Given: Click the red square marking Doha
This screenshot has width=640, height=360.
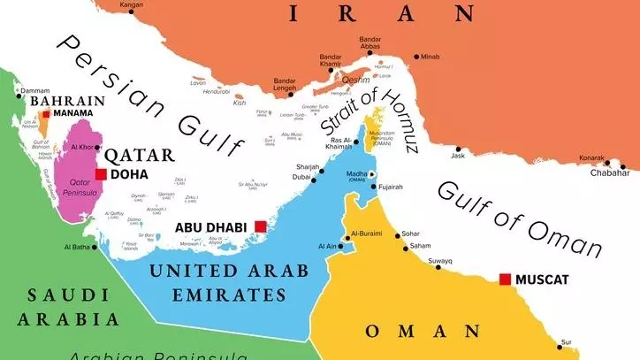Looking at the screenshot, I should (102, 174).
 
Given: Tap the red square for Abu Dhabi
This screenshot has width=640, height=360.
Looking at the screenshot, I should (260, 226).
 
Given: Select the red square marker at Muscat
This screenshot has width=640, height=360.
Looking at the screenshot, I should (505, 280).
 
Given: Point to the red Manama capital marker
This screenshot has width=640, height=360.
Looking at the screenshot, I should (46, 114).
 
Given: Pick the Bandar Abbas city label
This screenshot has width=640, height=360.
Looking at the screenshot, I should (370, 45).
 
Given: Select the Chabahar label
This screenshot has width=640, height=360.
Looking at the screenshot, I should (609, 173).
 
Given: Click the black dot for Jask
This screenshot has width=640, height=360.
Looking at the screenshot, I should (458, 149).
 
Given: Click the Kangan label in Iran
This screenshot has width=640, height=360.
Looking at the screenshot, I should (131, 4).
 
